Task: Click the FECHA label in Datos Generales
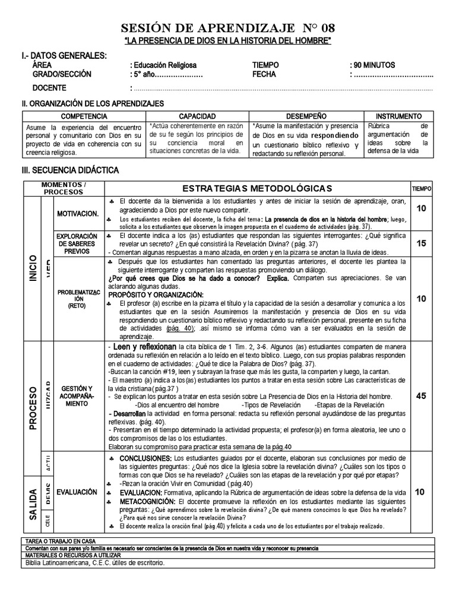coord(264,75)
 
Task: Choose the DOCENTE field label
coord(49,88)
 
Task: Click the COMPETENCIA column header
coord(84,116)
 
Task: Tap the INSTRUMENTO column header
coord(399,116)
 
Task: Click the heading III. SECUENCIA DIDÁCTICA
coord(70,170)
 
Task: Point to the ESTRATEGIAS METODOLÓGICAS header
coord(257,188)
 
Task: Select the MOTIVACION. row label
coord(78,213)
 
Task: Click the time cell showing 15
coord(421,243)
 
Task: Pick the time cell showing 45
coord(421,396)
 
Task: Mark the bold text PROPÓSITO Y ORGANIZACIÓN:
coord(156,295)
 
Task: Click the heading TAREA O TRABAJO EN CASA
coord(61,541)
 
